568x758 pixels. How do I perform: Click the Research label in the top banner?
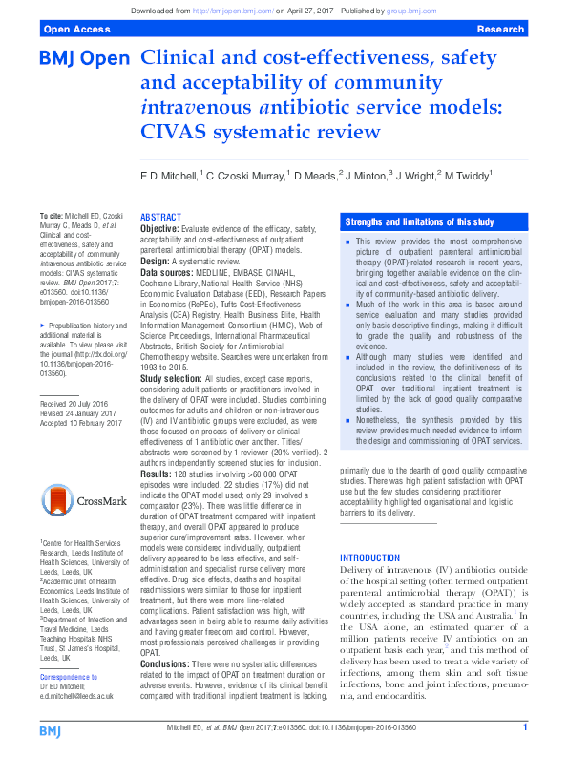(x=500, y=30)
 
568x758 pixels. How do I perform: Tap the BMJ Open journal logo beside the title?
(x=84, y=60)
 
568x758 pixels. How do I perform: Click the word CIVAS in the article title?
(x=179, y=130)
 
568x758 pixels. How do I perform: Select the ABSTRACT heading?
(x=161, y=218)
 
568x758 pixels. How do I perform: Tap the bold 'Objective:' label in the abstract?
(x=159, y=230)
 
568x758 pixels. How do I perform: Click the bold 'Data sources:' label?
(x=167, y=270)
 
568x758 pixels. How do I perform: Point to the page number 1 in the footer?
(x=524, y=728)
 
